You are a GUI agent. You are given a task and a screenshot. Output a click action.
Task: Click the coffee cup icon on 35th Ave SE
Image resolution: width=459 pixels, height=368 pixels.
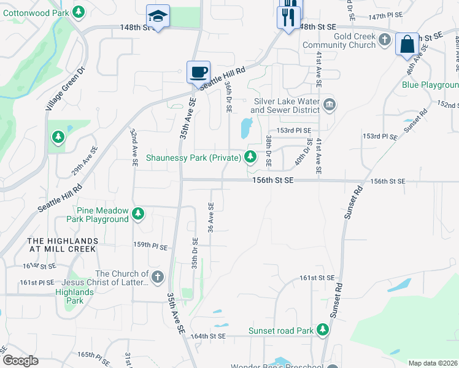coord(198,72)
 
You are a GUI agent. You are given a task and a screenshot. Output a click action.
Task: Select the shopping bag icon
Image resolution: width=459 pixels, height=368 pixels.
coord(407,44)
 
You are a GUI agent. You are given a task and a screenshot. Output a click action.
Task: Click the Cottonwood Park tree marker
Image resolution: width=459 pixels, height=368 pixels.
coord(78,12)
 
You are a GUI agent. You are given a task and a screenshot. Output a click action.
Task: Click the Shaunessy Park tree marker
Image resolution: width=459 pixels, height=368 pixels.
coord(250,158)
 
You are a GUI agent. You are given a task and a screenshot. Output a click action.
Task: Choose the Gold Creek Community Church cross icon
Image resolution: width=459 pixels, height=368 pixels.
coord(385,40)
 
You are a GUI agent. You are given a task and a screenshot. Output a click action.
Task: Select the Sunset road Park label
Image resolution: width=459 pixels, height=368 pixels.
coord(281,331)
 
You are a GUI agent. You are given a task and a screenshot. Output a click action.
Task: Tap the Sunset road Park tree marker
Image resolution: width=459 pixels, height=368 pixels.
coord(323,331)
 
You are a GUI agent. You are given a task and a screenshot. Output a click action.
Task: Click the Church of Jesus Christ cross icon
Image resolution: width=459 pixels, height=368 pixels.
coord(158,277)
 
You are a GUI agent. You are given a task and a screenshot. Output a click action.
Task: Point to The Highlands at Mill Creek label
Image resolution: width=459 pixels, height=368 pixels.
coord(61,245)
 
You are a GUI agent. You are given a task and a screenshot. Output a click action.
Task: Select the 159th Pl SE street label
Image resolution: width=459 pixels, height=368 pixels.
coord(151,246)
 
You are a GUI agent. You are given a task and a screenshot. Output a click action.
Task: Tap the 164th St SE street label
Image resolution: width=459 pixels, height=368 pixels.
coord(208,337)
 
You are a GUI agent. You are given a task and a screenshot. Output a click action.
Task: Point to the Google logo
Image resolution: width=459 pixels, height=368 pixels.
coord(20,361)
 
